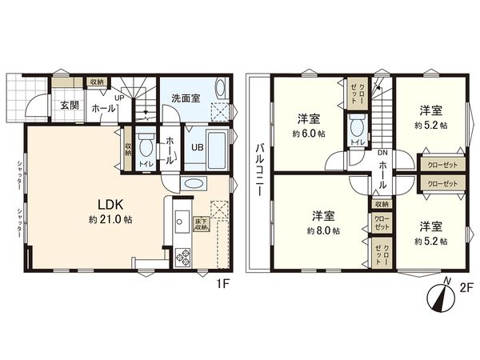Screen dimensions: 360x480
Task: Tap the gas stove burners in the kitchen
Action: coord(182,258)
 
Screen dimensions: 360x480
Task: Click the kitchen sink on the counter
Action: coord(181,218)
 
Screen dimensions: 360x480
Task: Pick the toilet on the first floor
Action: coord(146,146)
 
